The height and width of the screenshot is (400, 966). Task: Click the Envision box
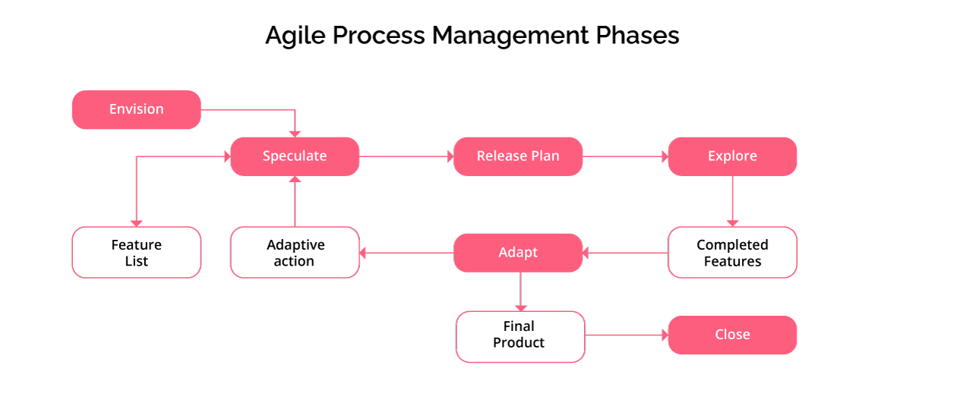point(136,109)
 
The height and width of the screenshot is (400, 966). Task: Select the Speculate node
point(295,156)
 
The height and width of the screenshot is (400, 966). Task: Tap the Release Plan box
point(518,156)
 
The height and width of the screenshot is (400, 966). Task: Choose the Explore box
point(732,156)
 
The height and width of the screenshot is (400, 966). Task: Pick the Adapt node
point(518,253)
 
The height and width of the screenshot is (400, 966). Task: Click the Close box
point(732,335)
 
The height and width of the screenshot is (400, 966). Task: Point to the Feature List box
point(136,252)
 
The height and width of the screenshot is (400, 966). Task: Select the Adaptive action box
point(295,252)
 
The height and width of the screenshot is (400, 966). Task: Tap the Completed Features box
point(732,252)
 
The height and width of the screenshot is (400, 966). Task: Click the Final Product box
point(520,337)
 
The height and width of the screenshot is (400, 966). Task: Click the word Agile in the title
point(295,36)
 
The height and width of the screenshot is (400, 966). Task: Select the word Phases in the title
point(637,35)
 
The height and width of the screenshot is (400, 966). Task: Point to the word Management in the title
point(510,36)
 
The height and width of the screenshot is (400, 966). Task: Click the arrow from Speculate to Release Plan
point(406,156)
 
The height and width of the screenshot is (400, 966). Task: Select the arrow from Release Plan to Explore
point(625,156)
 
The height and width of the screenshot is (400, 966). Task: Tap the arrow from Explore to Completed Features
point(732,201)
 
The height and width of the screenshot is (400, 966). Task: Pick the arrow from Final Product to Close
point(627,335)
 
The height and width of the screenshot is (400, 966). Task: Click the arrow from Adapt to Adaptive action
point(406,253)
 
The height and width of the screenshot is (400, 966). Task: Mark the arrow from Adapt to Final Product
point(520,291)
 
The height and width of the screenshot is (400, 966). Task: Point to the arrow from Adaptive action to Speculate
point(295,201)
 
